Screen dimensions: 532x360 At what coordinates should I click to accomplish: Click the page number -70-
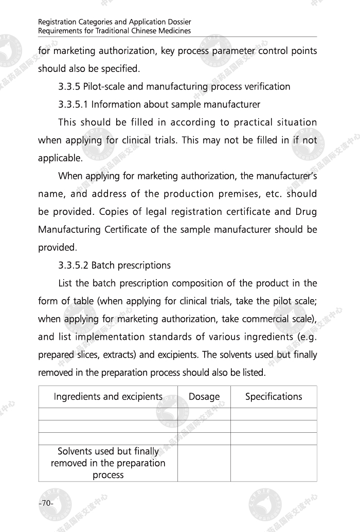[46, 503]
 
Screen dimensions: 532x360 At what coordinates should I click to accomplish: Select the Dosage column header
[204, 397]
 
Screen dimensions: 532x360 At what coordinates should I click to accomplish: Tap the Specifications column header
[274, 397]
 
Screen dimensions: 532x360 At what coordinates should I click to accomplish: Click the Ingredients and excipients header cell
[108, 397]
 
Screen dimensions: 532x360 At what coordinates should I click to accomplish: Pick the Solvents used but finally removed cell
[108, 463]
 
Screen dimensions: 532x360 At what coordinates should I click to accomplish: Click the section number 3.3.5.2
[74, 265]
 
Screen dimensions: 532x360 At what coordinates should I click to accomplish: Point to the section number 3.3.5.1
[74, 104]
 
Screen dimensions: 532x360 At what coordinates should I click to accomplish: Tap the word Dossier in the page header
[177, 23]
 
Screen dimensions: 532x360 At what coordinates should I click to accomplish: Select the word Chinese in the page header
[136, 31]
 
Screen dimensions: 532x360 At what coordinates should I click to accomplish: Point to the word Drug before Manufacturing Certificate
[307, 212]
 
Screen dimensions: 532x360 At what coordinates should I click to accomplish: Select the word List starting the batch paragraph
[67, 283]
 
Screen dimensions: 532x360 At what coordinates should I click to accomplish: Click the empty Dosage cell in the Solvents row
[204, 463]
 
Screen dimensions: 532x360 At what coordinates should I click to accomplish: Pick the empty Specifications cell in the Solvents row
[274, 463]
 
